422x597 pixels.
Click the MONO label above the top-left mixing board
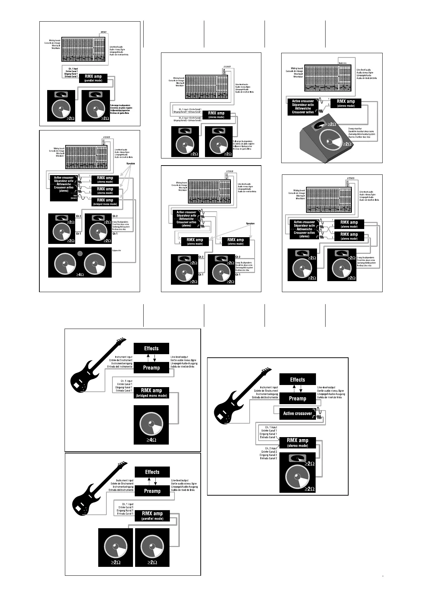coord(104,32)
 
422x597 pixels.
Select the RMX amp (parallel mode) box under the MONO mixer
coord(93,78)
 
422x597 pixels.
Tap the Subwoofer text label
coord(117,250)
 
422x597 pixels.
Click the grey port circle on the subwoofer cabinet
coord(80,253)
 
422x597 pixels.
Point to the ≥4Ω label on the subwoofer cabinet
coord(80,274)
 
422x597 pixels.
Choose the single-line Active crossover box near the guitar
coord(298,413)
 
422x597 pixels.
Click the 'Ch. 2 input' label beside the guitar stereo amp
coord(269,448)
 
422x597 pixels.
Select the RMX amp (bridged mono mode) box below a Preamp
coord(152,392)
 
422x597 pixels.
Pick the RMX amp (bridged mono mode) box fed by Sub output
coord(105,202)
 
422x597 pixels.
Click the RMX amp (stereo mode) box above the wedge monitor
coord(346,103)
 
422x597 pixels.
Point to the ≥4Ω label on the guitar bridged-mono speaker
coord(151,440)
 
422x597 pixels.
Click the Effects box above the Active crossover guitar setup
coord(297,380)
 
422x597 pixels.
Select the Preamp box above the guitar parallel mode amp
coord(152,491)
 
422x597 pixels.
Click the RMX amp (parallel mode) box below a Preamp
coord(152,515)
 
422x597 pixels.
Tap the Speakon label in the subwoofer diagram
coord(131,164)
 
